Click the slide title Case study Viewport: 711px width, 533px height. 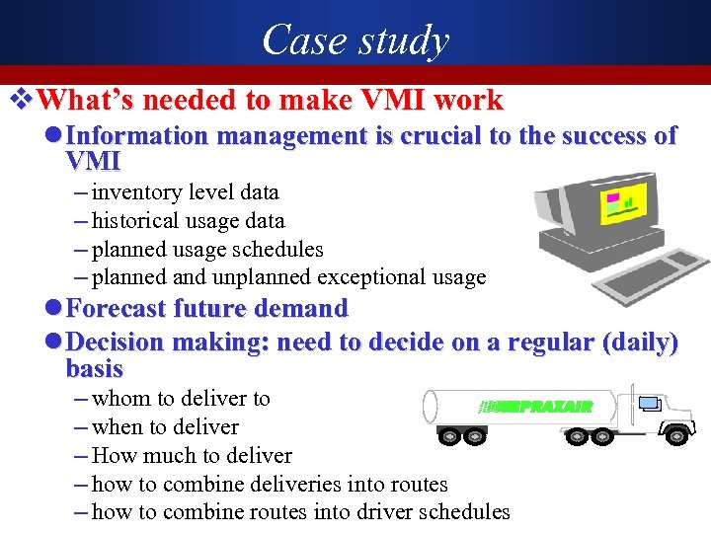355,39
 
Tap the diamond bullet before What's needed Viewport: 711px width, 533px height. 27,100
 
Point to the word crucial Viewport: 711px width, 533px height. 440,136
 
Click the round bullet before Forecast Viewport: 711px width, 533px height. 54,309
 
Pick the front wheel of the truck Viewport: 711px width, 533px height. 675,434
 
